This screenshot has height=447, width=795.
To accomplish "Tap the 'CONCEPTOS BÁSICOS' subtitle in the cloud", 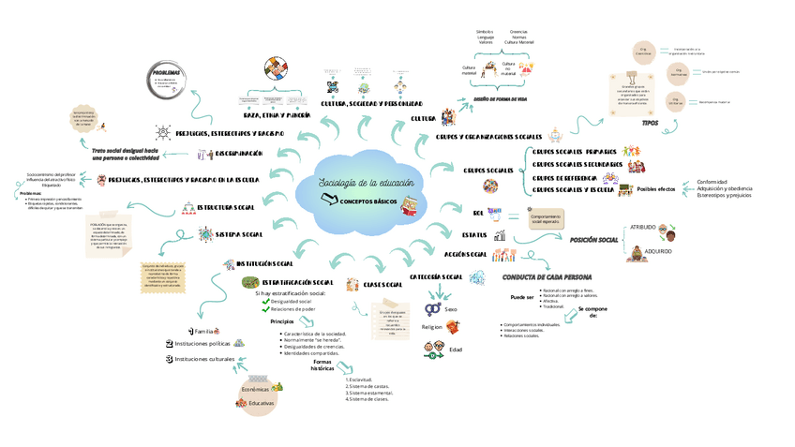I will point(367,201).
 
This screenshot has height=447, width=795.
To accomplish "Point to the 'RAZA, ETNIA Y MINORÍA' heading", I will point(277,115).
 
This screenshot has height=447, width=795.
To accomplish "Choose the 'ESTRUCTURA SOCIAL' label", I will point(225,206).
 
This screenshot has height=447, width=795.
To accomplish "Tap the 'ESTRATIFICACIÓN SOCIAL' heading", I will point(297,282).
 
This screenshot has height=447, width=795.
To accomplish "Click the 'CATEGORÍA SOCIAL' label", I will point(436,276).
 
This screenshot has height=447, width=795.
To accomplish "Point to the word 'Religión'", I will point(432,327).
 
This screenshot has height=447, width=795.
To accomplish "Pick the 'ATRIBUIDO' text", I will point(642,228).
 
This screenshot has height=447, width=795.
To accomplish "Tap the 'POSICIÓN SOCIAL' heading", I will point(593,241).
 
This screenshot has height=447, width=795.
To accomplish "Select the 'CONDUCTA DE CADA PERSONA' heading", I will point(547,278).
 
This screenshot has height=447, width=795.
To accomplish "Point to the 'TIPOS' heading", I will point(650,123).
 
